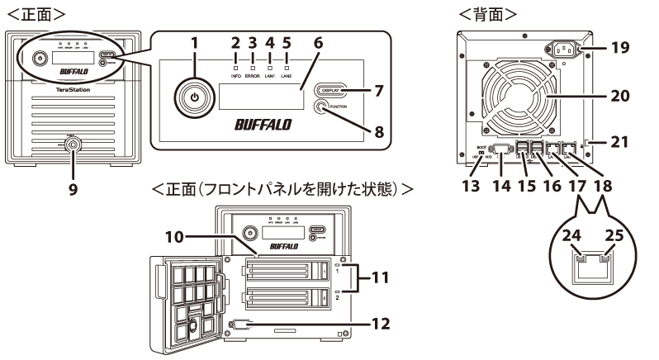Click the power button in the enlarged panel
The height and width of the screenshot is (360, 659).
coord(193,97)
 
